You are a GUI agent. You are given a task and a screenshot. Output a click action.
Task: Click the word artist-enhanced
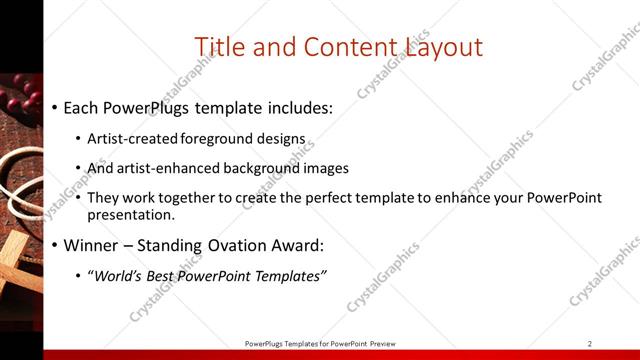pos(163,168)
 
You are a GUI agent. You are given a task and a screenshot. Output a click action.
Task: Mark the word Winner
pos(92,245)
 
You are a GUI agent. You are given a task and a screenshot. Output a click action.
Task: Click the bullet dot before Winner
pos(54,245)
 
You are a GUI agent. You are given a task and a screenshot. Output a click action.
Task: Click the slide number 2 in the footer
pos(590,343)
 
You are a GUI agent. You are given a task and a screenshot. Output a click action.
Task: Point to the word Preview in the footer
pos(379,343)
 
